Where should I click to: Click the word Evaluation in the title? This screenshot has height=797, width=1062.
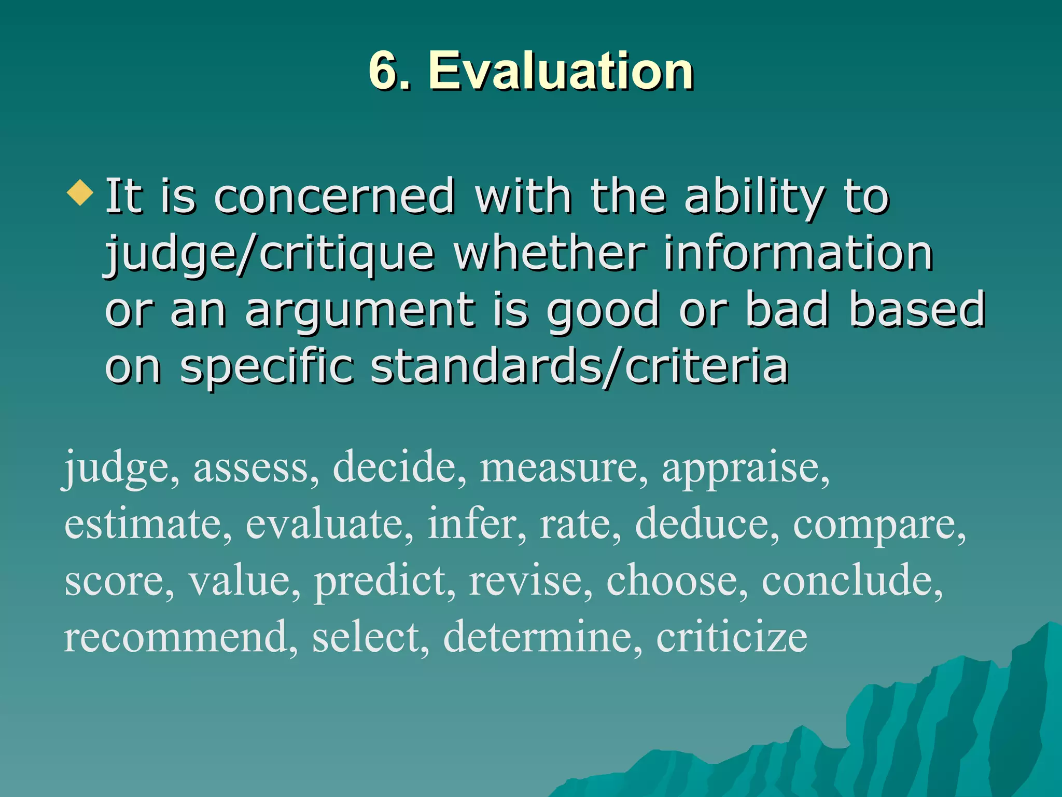(561, 71)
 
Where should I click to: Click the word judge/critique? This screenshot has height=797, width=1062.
(270, 254)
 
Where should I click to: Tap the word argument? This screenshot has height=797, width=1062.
(360, 311)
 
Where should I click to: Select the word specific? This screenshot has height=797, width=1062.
(267, 367)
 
